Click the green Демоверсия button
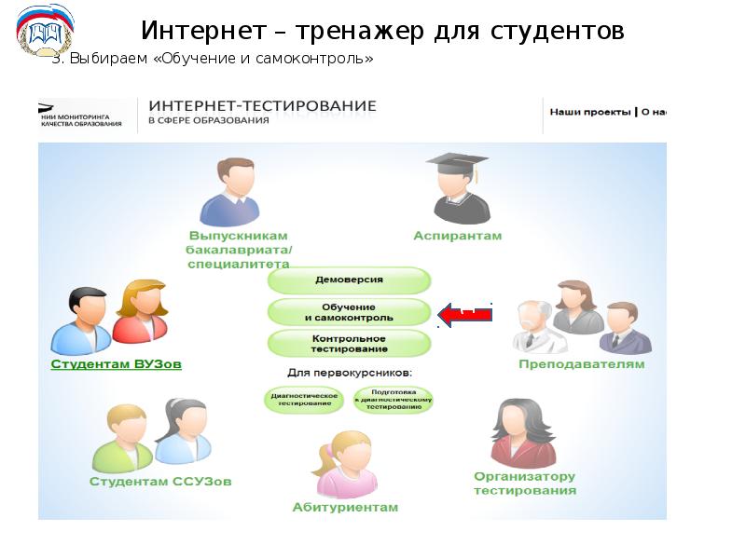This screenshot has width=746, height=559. click(350, 279)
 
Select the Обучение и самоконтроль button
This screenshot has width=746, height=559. click(350, 312)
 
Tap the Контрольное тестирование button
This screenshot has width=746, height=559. click(350, 343)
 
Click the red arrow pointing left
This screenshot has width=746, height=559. click(464, 315)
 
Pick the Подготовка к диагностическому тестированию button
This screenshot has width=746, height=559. click(393, 399)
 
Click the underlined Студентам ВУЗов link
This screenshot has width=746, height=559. click(116, 364)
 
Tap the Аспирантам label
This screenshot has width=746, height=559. click(457, 236)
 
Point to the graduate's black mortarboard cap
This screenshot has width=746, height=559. click(457, 161)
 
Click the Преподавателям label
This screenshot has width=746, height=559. click(581, 364)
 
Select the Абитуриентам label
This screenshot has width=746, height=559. click(345, 508)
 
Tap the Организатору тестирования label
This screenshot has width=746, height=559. click(524, 483)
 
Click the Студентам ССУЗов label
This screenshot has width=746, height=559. click(160, 482)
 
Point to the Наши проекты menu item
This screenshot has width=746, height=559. click(590, 112)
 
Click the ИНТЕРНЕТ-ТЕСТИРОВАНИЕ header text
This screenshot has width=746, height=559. click(262, 106)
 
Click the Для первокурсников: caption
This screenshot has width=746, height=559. click(350, 373)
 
